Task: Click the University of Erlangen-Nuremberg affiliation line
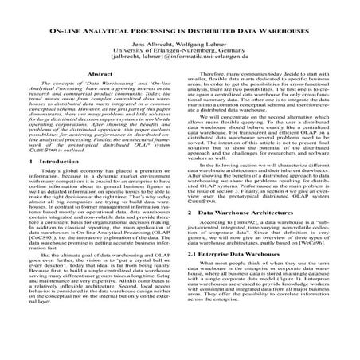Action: [x=179, y=53]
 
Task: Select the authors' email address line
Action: [x=179, y=61]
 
